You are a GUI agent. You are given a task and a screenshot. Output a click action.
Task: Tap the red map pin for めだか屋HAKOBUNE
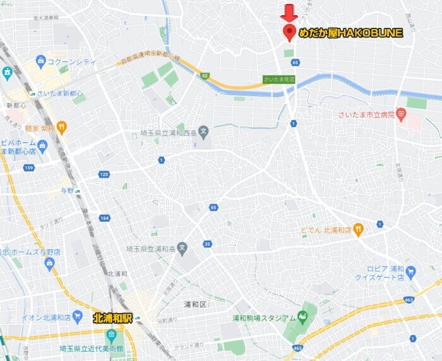[x=289, y=32]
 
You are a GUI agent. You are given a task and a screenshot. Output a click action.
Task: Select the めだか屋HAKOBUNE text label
[x=350, y=33]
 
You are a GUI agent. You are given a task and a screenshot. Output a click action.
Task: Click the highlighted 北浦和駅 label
[x=113, y=317]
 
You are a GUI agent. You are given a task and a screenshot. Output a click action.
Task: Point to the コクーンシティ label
[x=73, y=62]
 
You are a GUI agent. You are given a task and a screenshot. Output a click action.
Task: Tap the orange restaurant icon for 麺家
[x=61, y=127]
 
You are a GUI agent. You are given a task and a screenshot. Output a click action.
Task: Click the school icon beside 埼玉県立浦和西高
[x=203, y=133]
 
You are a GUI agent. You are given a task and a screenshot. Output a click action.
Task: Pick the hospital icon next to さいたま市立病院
[x=401, y=114]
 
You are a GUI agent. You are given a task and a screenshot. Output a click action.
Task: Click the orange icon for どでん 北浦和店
[x=359, y=229]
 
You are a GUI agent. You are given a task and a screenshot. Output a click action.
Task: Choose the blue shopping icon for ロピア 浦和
[x=411, y=272]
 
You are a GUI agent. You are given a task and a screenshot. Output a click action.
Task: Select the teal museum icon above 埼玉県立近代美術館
[x=112, y=334]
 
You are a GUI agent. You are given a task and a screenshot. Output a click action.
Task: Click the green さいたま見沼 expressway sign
[x=279, y=80]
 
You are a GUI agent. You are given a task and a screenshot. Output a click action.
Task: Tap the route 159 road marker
[x=28, y=168]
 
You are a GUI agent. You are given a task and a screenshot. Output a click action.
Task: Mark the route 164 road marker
[x=104, y=218]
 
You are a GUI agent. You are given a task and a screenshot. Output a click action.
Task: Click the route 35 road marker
[x=207, y=243]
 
